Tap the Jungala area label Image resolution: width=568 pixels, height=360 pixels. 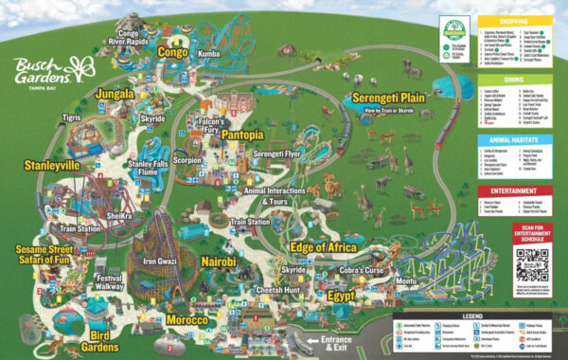point(115,95)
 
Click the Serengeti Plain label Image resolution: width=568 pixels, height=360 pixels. point(387,98)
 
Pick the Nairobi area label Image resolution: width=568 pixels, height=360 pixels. point(222,260)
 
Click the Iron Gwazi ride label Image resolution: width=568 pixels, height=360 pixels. point(161,261)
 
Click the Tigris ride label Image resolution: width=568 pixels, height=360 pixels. point(73,117)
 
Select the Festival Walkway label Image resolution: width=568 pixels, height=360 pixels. point(109,281)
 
